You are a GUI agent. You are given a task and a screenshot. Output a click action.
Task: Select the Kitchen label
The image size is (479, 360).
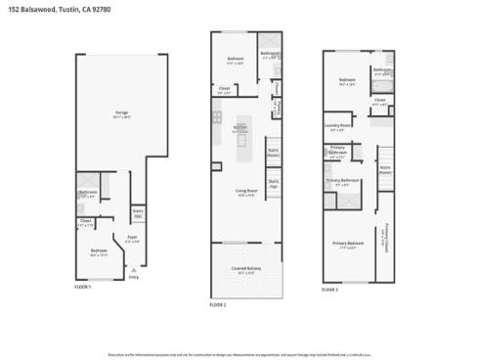point(239,126)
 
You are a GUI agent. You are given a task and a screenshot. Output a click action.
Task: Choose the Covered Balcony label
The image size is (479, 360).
point(245,269)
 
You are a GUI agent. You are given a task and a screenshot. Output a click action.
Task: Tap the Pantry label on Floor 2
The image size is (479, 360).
point(278,110)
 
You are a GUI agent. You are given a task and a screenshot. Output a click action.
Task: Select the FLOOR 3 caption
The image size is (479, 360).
point(330,290)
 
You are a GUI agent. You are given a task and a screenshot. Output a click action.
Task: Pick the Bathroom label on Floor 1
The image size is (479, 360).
point(88,193)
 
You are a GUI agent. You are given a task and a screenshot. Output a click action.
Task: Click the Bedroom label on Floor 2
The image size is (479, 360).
point(235,60)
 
